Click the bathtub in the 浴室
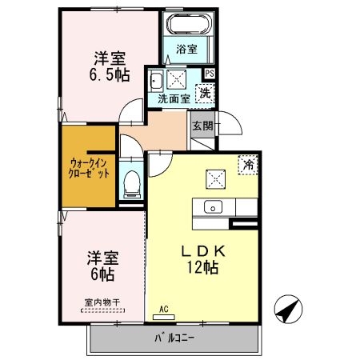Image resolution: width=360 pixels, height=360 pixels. point(190,23)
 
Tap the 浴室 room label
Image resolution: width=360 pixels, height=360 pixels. point(186,49)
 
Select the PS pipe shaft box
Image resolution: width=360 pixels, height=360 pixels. point(210,74)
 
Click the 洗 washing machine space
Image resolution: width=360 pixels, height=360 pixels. point(205,94)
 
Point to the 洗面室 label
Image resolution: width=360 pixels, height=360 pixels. point(174,99)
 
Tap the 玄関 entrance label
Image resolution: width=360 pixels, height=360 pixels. point(203,126)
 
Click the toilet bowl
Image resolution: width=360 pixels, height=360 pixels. point(131,184)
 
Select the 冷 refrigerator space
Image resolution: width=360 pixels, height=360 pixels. point(248,165)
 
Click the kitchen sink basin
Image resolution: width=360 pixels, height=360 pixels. point(213,207)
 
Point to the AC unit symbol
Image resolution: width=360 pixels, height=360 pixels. point(164,317)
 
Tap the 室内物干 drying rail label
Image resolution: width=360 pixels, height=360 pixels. point(102,302)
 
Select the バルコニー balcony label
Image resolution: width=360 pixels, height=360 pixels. point(174,338)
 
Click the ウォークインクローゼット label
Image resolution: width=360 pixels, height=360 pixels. point(89,168)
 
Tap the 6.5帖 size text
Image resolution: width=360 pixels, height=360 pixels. point(110,75)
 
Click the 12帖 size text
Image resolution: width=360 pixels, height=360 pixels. point(202,267)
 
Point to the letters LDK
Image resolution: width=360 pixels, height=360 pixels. point(203,251)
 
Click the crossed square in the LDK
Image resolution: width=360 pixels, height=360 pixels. point(215,179)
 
